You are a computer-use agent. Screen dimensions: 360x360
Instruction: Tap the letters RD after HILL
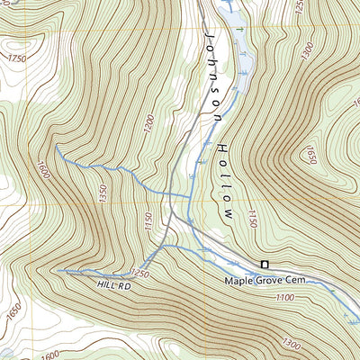click(x=124, y=285)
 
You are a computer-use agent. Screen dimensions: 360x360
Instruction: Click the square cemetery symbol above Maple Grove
click(x=265, y=264)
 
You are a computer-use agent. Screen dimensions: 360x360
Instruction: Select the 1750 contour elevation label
click(x=16, y=58)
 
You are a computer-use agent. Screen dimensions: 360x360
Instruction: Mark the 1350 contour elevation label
click(x=103, y=191)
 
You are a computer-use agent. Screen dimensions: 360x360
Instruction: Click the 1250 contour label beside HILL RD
click(x=138, y=273)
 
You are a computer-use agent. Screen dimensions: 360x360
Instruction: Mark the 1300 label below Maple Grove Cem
click(x=292, y=343)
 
